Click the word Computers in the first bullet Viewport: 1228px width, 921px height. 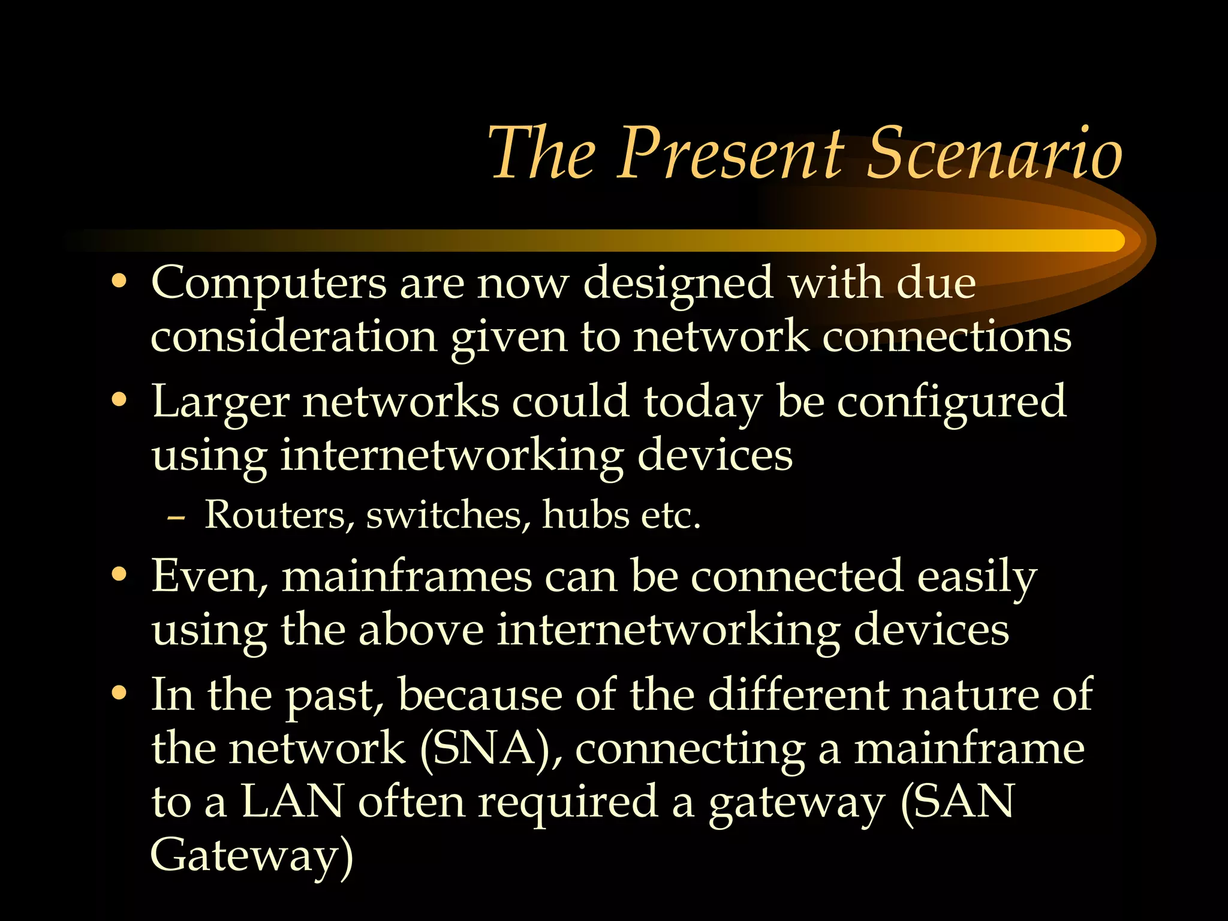click(x=269, y=283)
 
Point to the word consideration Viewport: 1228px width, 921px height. click(x=293, y=337)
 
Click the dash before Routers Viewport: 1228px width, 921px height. click(x=176, y=517)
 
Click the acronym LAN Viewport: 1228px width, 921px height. click(x=293, y=802)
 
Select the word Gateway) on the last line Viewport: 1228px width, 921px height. click(x=252, y=856)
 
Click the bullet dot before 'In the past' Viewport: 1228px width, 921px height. click(x=119, y=694)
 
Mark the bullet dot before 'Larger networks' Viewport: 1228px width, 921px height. click(x=119, y=400)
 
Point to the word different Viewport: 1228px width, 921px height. click(x=798, y=695)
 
